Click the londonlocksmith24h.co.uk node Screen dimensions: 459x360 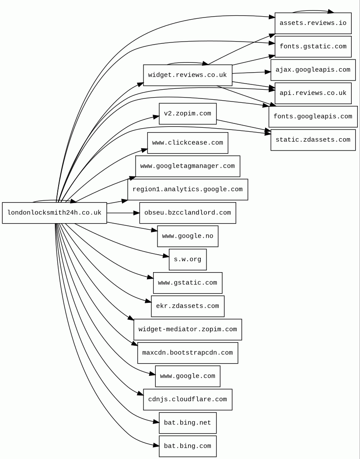54,213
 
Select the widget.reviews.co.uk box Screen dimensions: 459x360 187,75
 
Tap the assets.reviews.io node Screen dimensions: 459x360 313,23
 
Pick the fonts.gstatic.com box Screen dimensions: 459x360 313,46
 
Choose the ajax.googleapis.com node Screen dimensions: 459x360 313,70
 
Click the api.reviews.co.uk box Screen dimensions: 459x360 313,93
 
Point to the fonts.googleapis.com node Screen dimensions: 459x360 313,117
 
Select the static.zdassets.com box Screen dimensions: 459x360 313,140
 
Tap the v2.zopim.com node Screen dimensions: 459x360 187,114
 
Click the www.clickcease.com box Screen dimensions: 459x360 187,143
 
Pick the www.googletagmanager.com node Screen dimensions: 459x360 187,166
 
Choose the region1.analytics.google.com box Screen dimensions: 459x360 187,189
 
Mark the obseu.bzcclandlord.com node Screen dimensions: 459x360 187,213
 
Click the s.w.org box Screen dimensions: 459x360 187,259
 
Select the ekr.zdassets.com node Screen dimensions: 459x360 187,306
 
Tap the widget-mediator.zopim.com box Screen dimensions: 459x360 187,329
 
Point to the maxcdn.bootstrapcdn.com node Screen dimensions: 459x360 187,353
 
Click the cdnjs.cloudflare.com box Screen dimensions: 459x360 187,399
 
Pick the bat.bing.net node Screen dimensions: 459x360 187,423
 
